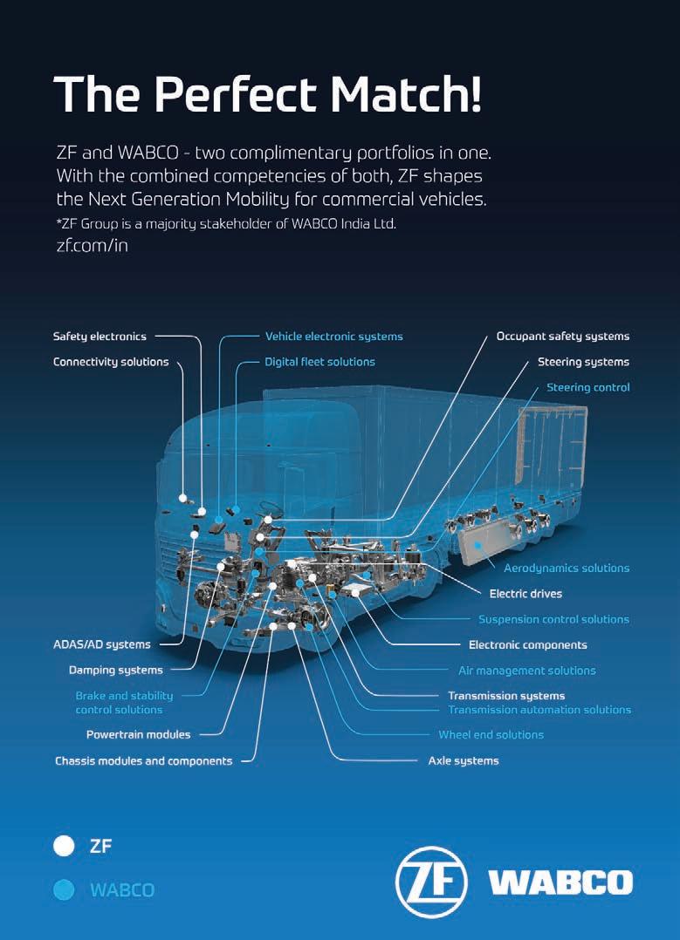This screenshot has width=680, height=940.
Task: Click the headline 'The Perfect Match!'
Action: (x=267, y=93)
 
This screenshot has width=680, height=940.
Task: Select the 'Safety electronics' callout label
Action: (x=100, y=336)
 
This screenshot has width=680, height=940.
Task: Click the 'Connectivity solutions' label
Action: (x=111, y=362)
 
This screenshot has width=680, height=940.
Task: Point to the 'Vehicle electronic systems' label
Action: (x=333, y=336)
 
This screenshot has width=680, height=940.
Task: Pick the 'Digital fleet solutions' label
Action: (x=319, y=362)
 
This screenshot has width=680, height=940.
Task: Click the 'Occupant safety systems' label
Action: (x=562, y=336)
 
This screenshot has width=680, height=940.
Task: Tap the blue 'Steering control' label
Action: (x=587, y=387)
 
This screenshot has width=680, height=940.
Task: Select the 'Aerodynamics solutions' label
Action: (x=566, y=568)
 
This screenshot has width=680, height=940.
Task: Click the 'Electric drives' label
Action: (x=525, y=594)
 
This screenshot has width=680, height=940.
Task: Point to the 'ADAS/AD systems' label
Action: (x=102, y=645)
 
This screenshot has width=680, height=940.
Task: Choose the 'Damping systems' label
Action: (x=116, y=671)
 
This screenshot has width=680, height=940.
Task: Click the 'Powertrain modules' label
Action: (x=138, y=734)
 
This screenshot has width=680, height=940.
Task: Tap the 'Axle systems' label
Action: (x=463, y=760)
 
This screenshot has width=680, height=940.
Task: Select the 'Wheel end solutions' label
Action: (x=491, y=734)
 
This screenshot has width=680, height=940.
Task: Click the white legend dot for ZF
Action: (x=64, y=845)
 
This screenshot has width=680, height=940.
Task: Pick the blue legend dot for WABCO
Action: (x=64, y=890)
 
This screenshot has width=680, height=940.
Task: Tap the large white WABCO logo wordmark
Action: (x=560, y=882)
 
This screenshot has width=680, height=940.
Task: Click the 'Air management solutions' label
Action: (x=526, y=671)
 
